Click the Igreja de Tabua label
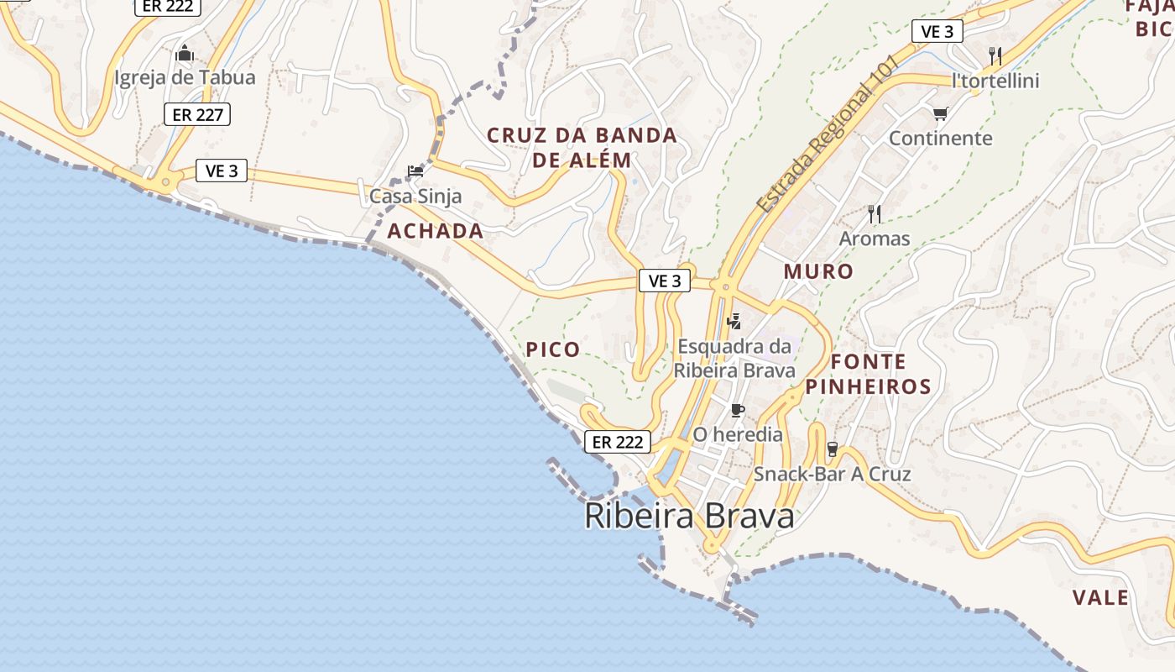(x=185, y=78)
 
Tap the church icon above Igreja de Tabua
(x=185, y=55)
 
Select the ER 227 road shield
(x=197, y=114)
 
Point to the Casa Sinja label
(x=415, y=197)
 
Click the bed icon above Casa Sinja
(x=415, y=171)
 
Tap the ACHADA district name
(x=436, y=231)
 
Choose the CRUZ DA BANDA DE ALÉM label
(x=582, y=147)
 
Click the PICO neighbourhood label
(x=552, y=349)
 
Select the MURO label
(x=818, y=271)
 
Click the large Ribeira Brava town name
(x=689, y=516)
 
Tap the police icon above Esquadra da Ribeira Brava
(x=734, y=320)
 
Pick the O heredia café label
(x=738, y=435)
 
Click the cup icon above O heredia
(x=738, y=411)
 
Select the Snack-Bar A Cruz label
(x=832, y=474)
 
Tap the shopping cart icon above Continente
(x=940, y=113)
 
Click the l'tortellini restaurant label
(x=995, y=81)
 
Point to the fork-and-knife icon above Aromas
(x=875, y=214)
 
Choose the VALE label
(x=1100, y=598)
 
